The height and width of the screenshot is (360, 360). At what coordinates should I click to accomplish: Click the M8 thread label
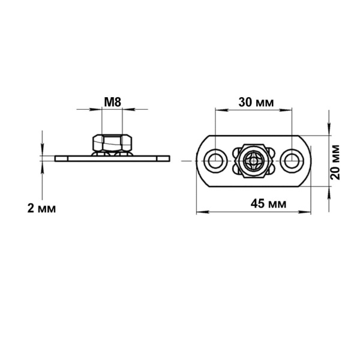tap(113, 102)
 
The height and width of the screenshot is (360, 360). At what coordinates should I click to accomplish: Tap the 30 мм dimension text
tap(256, 103)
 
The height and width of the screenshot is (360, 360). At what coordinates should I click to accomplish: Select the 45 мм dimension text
tap(268, 203)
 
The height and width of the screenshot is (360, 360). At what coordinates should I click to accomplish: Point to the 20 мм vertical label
tap(335, 162)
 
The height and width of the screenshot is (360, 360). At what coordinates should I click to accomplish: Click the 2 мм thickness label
tap(41, 208)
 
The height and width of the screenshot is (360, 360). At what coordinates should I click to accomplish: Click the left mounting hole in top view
tap(215, 161)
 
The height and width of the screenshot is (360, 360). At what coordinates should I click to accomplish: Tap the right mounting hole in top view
tap(292, 161)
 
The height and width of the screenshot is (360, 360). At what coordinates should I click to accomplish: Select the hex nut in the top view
tap(253, 161)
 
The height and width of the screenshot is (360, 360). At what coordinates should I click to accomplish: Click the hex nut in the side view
tap(112, 143)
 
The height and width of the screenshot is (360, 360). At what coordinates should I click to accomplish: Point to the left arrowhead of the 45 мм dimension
tap(203, 212)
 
